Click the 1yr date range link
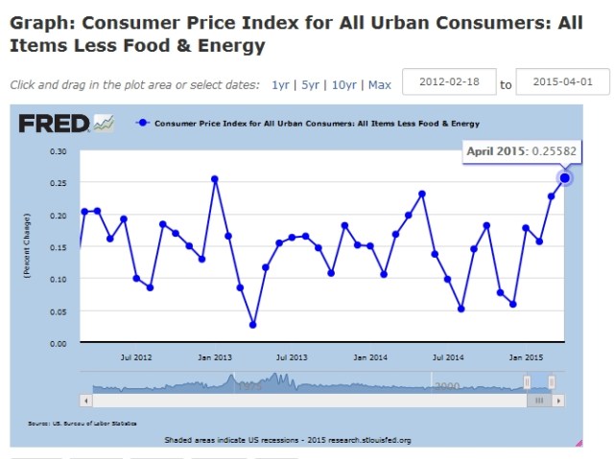click(280, 84)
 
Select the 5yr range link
click(310, 84)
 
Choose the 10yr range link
click(343, 84)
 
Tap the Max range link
click(379, 84)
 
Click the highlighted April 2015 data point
click(565, 178)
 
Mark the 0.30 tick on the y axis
click(59, 151)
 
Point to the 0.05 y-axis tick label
click(59, 311)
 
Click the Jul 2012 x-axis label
click(136, 357)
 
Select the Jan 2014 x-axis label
click(370, 357)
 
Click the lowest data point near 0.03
click(253, 325)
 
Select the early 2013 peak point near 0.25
click(215, 179)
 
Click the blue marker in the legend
click(143, 124)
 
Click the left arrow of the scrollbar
click(86, 400)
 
